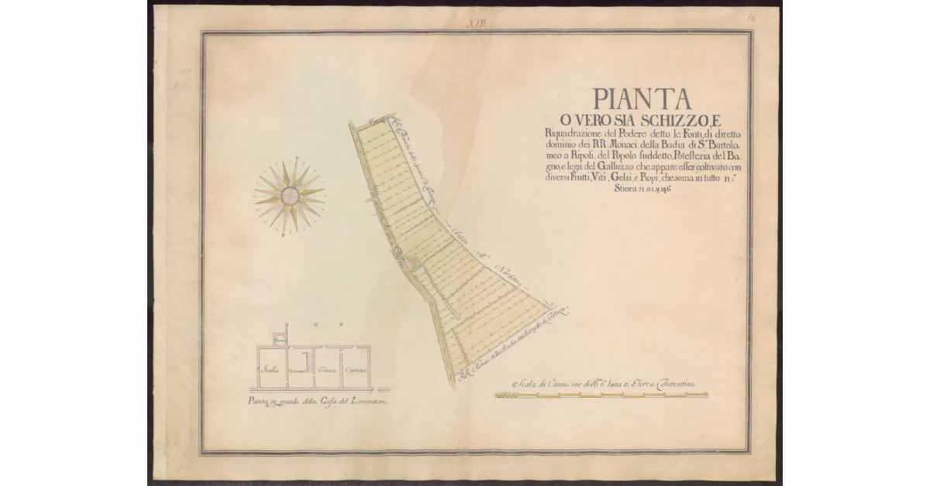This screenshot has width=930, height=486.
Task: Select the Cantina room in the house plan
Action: pos(356,369)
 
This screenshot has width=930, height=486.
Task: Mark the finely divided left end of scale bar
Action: pos(506,395)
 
